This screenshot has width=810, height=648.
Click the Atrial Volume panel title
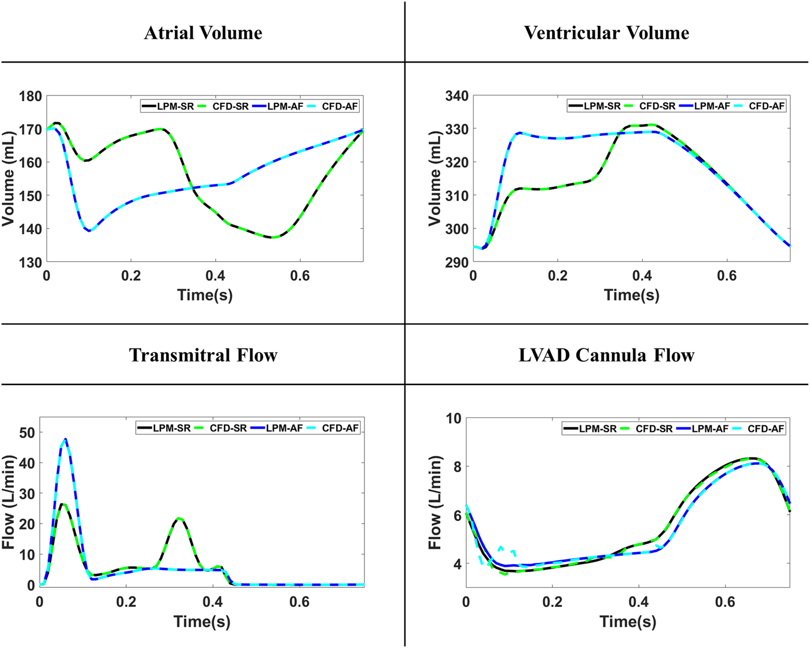point(203,33)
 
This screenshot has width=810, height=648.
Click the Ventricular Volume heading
point(606,33)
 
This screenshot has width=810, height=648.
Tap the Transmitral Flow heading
point(203,355)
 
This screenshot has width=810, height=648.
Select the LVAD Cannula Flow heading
point(606,355)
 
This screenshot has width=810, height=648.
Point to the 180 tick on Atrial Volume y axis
point(30,97)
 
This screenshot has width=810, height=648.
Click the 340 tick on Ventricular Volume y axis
point(456,96)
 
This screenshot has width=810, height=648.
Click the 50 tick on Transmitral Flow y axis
point(27,432)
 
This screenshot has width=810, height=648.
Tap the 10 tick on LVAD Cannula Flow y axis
point(454,418)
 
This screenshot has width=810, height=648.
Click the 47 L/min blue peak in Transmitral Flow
point(65,439)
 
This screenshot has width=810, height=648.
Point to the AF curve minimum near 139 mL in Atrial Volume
point(89,231)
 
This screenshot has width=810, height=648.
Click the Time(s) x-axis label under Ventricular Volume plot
point(631,295)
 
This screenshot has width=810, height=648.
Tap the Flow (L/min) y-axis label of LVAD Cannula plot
point(435,502)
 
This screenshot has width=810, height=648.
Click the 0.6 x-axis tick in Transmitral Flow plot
point(300,602)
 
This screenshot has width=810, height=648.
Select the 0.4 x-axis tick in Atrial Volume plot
point(215,276)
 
